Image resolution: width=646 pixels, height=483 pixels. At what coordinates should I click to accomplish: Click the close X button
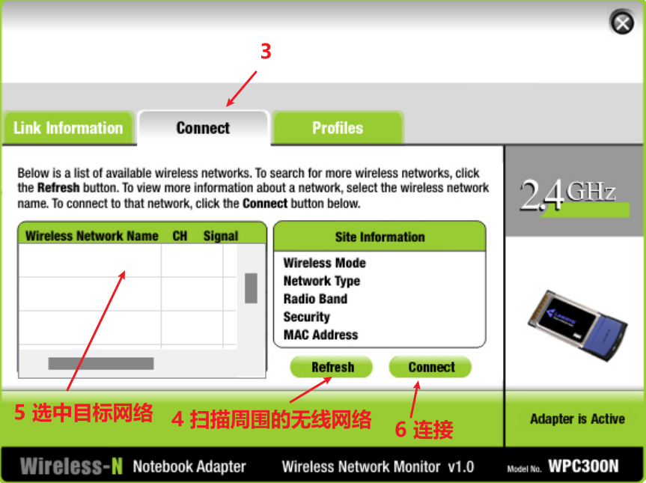click(622, 22)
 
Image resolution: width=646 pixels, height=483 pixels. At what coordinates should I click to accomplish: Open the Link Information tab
click(68, 128)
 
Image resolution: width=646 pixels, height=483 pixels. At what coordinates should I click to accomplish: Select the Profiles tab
click(338, 128)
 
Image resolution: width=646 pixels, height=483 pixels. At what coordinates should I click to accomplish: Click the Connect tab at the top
click(203, 128)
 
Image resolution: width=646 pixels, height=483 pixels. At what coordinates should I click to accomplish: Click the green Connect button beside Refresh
click(430, 367)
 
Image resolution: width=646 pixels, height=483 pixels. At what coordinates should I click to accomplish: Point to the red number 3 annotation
click(266, 52)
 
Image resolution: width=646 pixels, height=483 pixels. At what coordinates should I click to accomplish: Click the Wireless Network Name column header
click(92, 236)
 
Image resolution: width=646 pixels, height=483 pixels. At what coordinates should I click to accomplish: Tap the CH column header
click(180, 236)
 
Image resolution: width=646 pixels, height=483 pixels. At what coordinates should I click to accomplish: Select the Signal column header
click(220, 236)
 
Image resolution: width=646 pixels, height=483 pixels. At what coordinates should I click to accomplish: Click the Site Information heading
click(380, 237)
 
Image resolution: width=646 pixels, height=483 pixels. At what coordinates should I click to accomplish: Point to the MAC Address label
click(320, 335)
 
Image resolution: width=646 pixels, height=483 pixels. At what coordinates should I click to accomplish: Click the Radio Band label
click(315, 298)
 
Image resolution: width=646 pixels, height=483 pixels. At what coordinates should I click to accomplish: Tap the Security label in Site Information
click(306, 317)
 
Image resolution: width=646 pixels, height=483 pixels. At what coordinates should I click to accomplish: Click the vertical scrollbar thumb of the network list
click(251, 288)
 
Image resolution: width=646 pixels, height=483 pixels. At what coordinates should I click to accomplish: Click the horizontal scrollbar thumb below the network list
click(101, 363)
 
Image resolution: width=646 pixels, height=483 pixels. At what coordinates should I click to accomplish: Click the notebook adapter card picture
click(578, 325)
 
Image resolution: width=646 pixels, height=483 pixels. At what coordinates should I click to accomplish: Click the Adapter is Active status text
click(577, 419)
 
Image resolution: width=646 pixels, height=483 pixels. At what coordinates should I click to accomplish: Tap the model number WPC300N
click(583, 466)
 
